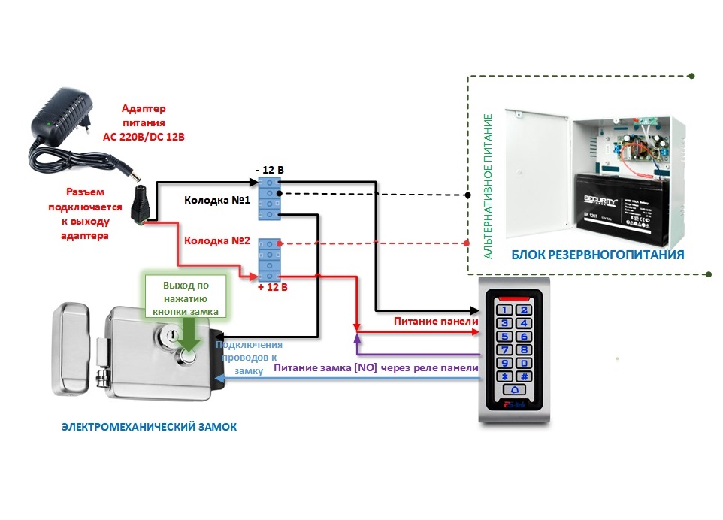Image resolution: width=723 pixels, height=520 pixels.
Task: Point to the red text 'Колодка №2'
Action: click(x=216, y=241)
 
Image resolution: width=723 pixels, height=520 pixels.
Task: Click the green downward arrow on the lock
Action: click(x=189, y=334)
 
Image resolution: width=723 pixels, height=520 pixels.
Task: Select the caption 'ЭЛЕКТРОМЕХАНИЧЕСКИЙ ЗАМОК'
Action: click(x=149, y=426)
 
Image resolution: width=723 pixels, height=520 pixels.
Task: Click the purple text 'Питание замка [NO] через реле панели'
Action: click(x=376, y=368)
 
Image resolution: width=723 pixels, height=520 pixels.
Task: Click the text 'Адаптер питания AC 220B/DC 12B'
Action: click(x=144, y=122)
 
